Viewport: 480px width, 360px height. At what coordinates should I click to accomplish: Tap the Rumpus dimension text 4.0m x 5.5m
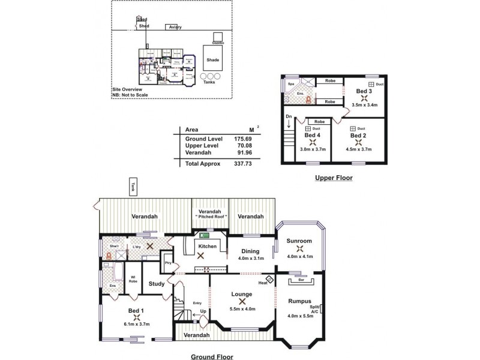[301, 316]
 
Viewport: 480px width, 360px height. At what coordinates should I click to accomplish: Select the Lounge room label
[241, 294]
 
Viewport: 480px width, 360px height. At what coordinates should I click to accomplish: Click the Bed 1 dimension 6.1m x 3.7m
[137, 324]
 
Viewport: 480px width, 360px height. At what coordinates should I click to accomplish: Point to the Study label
[157, 284]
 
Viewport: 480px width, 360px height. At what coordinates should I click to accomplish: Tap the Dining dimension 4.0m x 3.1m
[250, 259]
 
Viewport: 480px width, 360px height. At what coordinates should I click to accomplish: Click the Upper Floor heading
[334, 178]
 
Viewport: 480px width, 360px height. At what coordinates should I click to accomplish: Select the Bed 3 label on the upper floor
[364, 91]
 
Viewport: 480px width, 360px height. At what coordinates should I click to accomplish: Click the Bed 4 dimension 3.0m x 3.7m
[313, 149]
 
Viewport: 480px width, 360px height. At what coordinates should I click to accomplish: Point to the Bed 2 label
[358, 136]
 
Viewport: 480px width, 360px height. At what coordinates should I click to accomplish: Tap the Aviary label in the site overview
[175, 27]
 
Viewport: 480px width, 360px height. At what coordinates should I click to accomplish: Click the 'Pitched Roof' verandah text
[210, 219]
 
